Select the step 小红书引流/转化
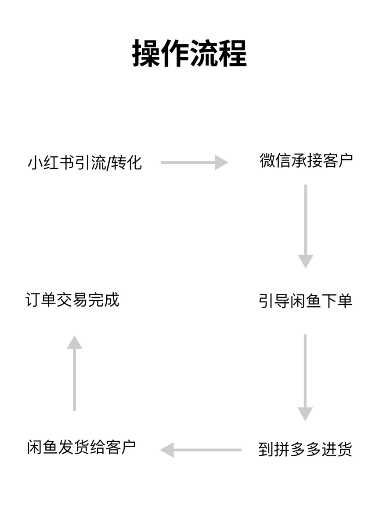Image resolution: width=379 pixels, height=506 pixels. [85, 162]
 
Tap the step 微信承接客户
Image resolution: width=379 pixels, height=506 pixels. [306, 161]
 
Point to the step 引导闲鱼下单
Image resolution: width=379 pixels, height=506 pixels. [306, 301]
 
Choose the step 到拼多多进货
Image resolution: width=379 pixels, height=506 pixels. [305, 450]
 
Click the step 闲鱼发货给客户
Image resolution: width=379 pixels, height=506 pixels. [81, 447]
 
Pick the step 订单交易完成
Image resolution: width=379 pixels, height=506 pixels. [72, 300]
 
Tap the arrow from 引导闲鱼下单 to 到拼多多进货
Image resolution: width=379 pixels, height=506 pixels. [305, 377]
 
